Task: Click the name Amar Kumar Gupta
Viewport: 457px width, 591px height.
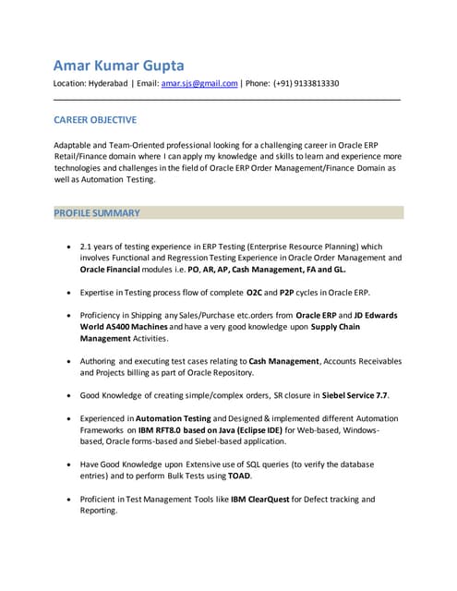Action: pos(119,65)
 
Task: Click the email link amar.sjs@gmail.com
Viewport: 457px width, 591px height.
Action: pos(199,83)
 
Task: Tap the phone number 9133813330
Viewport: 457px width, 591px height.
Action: pos(315,83)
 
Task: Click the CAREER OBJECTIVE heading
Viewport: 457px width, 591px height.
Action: pos(95,120)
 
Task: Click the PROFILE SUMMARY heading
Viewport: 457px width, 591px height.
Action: pos(97,213)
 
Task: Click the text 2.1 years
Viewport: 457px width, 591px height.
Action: pos(101,247)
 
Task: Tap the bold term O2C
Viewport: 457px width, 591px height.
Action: pos(256,292)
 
